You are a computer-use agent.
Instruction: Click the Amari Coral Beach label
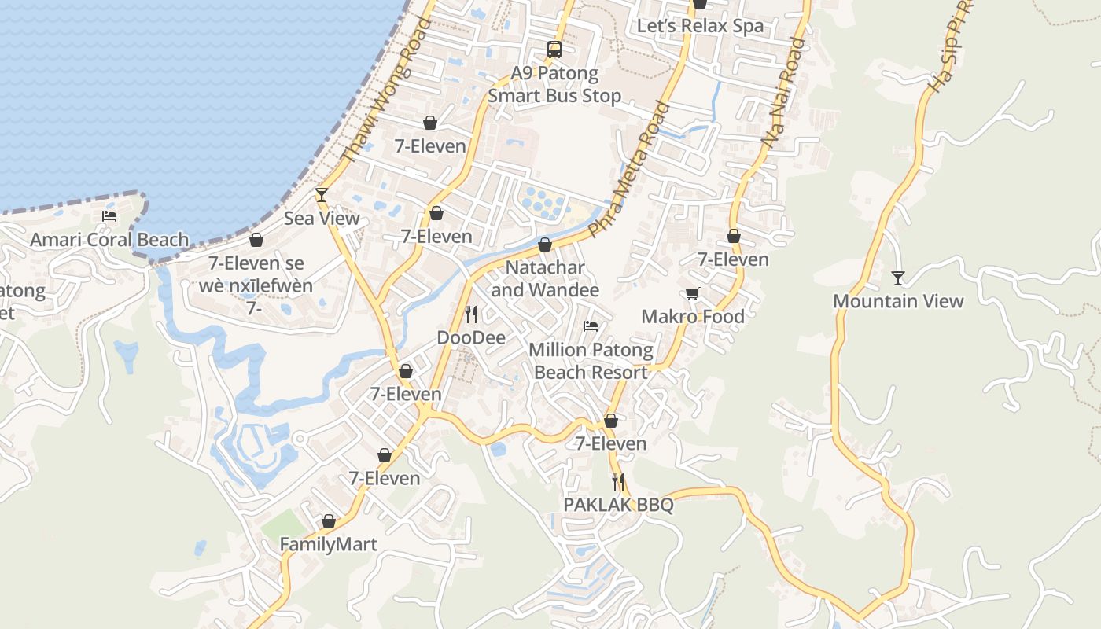tap(109, 240)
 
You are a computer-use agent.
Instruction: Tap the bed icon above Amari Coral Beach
tap(109, 216)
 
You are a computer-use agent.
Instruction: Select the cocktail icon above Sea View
tap(322, 194)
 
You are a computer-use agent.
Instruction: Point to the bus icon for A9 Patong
tap(554, 50)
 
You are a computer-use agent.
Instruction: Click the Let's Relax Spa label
tap(700, 26)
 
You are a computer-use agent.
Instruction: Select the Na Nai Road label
tap(783, 93)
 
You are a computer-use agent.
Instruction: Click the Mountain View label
tap(898, 301)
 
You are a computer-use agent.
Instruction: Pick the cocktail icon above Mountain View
tap(897, 278)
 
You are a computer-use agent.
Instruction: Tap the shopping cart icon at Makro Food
tap(692, 293)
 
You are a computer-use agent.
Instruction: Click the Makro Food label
tap(693, 316)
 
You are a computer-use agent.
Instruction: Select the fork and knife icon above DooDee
tap(471, 314)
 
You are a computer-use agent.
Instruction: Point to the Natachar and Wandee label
tap(545, 278)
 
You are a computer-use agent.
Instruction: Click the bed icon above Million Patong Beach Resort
tap(591, 326)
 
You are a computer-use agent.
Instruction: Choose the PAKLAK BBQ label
tap(618, 505)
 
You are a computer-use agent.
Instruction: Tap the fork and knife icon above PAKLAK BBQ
tap(618, 481)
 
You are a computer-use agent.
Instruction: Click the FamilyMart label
tap(329, 544)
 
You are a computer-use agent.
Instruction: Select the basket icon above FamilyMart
tap(329, 521)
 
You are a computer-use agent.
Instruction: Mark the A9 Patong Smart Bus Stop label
tap(554, 85)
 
